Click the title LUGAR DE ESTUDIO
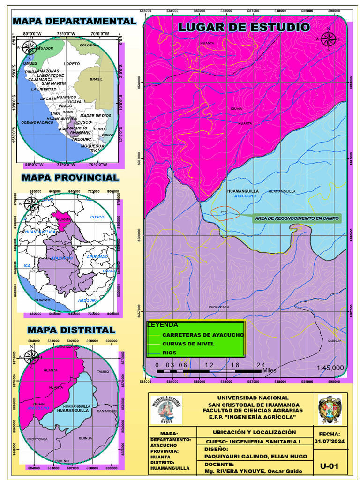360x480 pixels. [x=244, y=27]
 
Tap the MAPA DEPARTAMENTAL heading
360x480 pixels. [x=75, y=21]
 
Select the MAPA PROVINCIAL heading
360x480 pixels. [x=70, y=178]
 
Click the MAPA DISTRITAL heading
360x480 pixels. [x=71, y=330]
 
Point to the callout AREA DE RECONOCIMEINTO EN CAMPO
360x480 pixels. [x=297, y=218]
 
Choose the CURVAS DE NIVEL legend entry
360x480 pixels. [x=188, y=344]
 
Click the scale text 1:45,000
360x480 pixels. [x=330, y=367]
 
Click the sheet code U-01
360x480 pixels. [x=329, y=466]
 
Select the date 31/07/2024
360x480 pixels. [x=329, y=442]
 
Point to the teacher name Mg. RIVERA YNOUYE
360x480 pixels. [x=256, y=472]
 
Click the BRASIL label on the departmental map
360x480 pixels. [x=96, y=79]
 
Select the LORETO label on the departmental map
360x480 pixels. [x=72, y=64]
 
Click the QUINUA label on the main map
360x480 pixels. [x=335, y=341]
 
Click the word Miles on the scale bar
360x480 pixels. [x=269, y=370]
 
